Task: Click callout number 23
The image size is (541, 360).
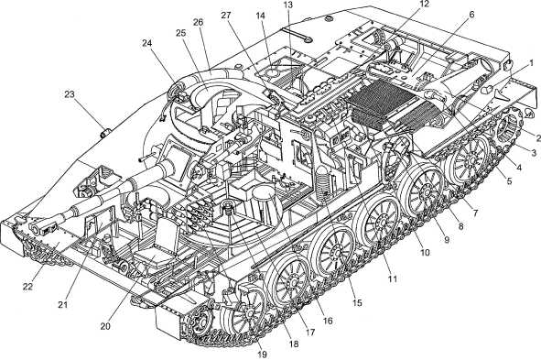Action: click(x=70, y=94)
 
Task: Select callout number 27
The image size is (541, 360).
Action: click(x=226, y=16)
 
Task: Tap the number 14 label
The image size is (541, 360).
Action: click(x=261, y=16)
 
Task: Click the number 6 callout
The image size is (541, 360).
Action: click(x=471, y=15)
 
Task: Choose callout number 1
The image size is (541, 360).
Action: click(x=531, y=63)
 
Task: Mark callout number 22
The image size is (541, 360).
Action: click(x=27, y=287)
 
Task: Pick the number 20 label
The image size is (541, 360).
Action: click(x=105, y=326)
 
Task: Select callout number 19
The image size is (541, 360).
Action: click(x=262, y=354)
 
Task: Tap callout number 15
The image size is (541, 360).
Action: click(x=357, y=302)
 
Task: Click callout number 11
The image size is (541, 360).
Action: click(x=392, y=278)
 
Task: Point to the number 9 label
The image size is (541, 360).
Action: click(x=447, y=239)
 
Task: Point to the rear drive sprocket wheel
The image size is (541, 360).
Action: click(x=507, y=126)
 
